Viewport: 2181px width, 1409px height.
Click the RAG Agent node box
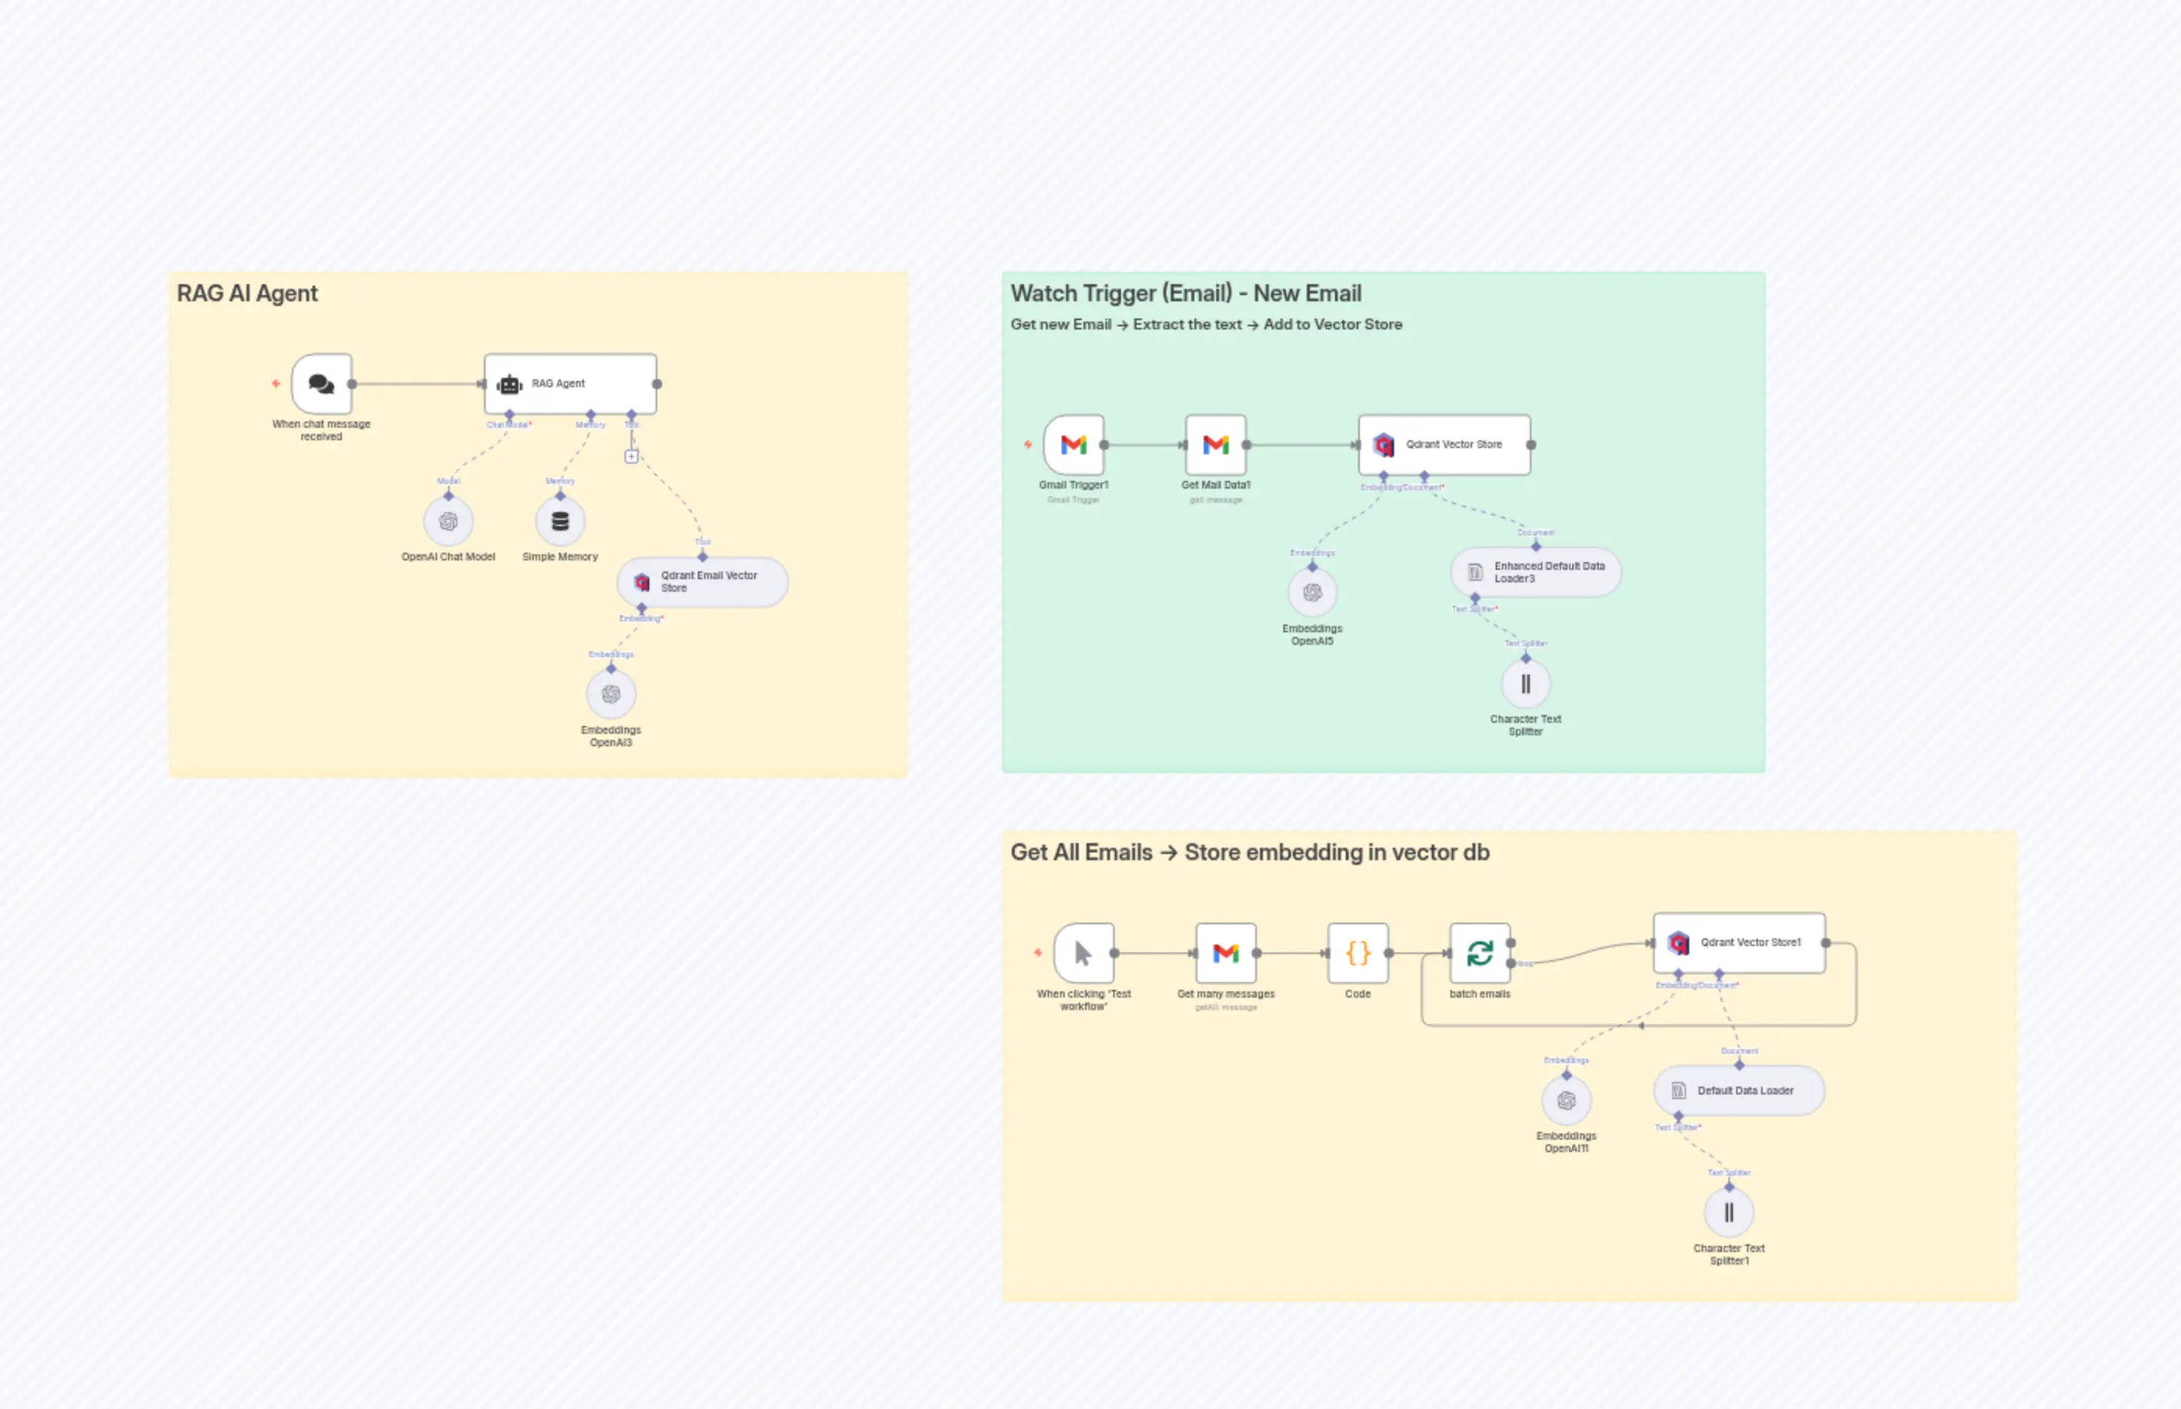point(570,383)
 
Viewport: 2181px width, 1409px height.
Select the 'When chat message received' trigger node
point(321,383)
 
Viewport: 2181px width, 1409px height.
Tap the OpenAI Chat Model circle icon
point(448,521)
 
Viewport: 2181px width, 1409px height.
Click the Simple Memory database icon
point(560,521)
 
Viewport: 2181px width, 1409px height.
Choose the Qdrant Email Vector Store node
point(702,582)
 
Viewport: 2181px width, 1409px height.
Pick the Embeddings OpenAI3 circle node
point(611,695)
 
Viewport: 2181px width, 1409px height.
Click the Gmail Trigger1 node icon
point(1073,445)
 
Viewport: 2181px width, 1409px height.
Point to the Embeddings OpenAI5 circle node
point(1312,593)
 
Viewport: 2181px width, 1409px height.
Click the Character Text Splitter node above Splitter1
point(1525,685)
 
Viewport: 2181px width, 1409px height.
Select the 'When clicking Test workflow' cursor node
point(1083,953)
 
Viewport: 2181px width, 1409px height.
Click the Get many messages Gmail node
point(1226,953)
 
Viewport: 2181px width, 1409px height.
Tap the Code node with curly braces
point(1357,953)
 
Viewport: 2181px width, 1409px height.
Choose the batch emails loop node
point(1479,953)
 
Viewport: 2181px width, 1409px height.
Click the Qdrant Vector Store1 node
point(1738,942)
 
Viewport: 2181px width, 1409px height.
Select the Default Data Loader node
point(1738,1091)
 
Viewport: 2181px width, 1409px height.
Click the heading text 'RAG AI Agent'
point(247,294)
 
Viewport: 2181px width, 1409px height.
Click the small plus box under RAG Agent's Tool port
point(632,457)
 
